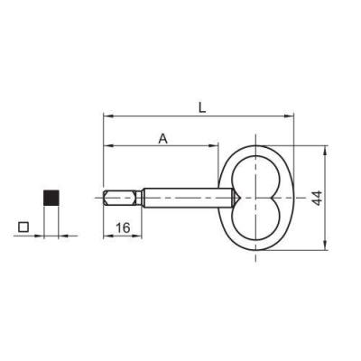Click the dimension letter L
tap(202, 107)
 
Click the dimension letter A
tap(162, 139)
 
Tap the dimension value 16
tap(123, 227)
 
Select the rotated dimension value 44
tap(317, 198)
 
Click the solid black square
tap(51, 198)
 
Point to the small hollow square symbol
tap(23, 227)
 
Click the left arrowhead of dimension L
tap(108, 116)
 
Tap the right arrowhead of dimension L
tap(288, 116)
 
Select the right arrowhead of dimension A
tap(213, 146)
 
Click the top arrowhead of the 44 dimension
tap(325, 151)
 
